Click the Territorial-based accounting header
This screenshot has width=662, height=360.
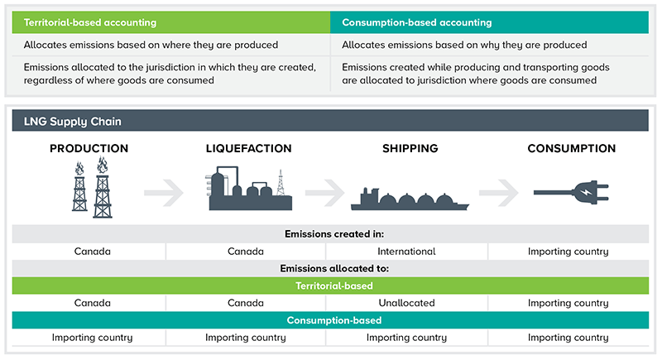tap(90, 22)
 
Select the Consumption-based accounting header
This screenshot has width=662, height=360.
tap(416, 22)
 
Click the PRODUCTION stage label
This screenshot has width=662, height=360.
tap(89, 149)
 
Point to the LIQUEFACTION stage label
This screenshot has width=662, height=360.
tap(248, 149)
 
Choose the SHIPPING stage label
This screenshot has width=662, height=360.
tap(410, 149)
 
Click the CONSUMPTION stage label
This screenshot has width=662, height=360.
tap(572, 149)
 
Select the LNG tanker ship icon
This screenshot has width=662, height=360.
tap(410, 199)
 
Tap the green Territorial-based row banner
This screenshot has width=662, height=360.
tap(330, 286)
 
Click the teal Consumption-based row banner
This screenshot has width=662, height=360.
tap(330, 320)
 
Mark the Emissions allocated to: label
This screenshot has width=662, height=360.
tap(330, 268)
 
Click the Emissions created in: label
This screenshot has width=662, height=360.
tap(330, 233)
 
